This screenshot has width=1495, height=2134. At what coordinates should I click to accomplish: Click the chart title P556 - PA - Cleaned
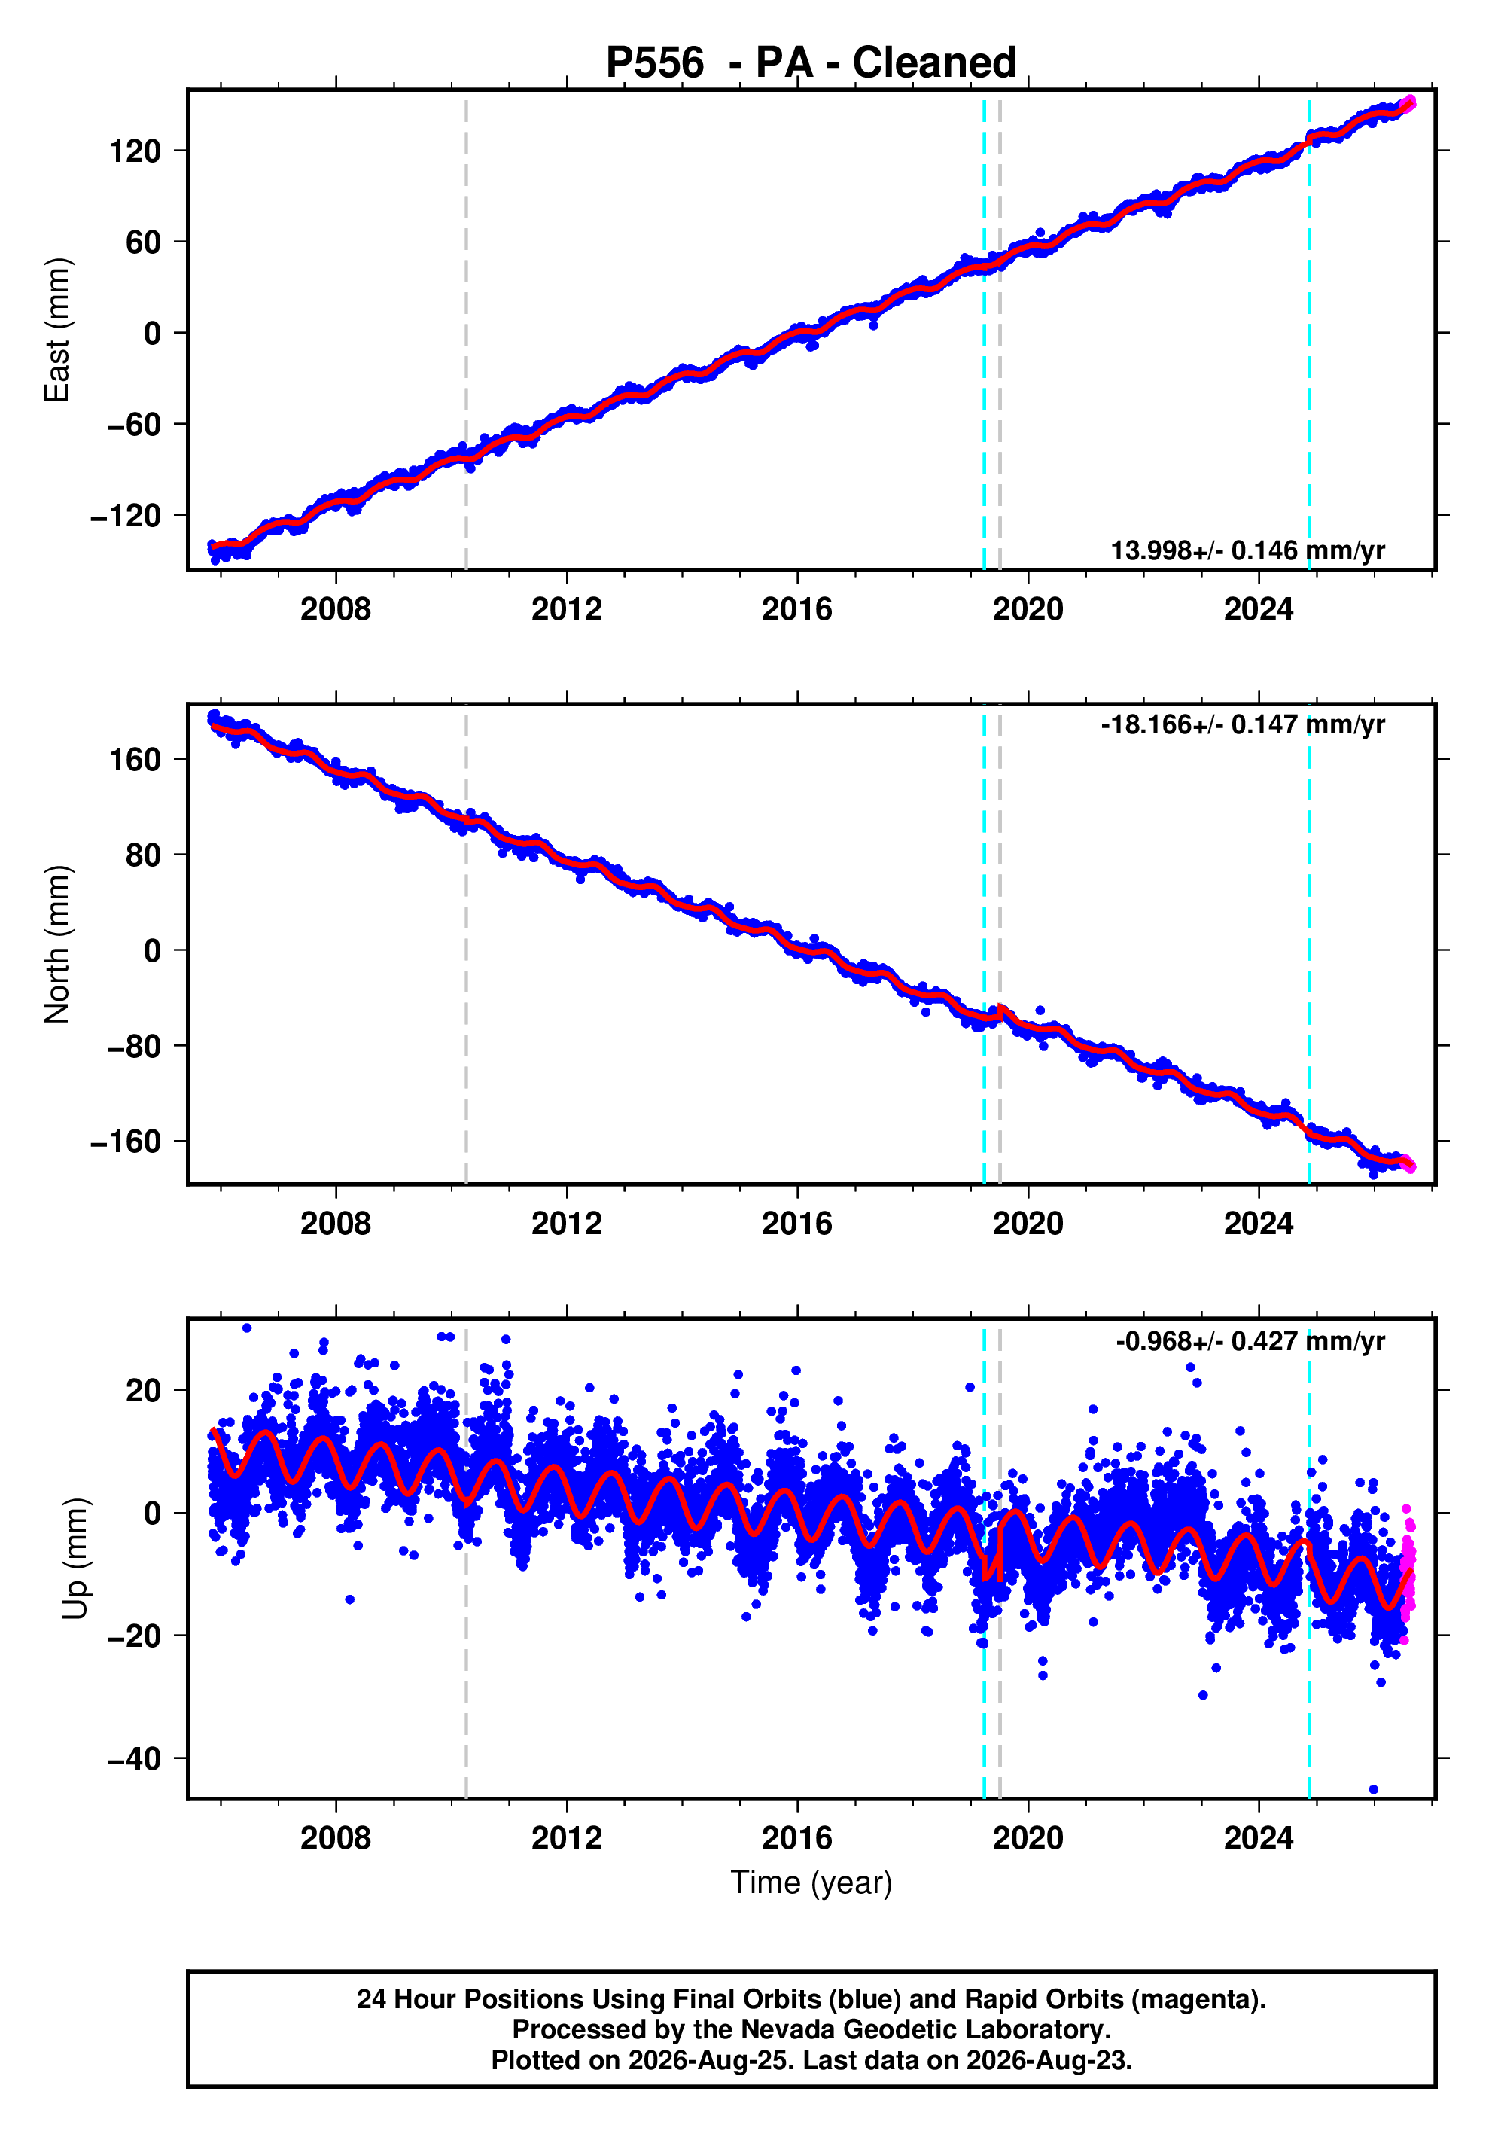(811, 63)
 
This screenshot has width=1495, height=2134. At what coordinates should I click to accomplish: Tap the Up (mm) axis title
(76, 1559)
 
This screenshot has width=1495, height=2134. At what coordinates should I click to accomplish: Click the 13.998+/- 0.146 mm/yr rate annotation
(1248, 551)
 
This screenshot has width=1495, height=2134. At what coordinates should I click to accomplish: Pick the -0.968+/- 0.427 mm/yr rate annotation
(1250, 1341)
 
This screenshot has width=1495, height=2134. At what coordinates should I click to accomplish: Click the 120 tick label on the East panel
(135, 151)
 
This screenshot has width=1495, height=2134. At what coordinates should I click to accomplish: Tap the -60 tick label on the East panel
(134, 424)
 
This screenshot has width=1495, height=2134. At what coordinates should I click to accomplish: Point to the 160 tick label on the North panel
(135, 759)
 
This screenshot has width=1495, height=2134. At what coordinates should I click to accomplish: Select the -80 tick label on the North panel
(134, 1046)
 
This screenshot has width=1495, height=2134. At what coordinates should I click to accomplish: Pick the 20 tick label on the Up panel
(144, 1391)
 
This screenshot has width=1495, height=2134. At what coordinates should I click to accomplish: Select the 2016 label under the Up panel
(796, 1838)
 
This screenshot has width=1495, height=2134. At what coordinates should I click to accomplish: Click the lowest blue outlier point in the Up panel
(1373, 1789)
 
